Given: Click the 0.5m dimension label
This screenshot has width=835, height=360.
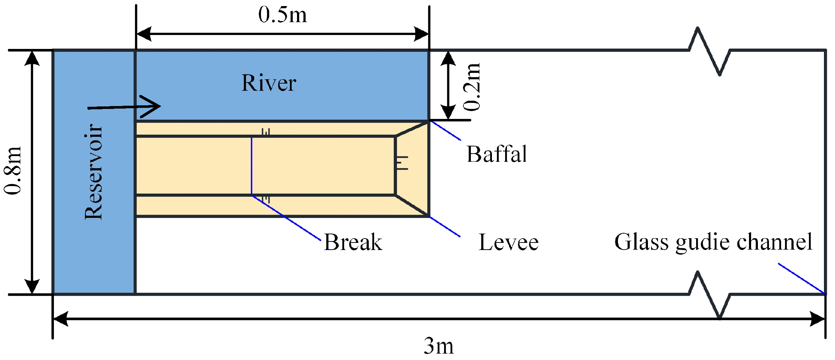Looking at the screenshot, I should pos(282,15).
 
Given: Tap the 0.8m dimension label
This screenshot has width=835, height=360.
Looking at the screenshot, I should pos(13,170).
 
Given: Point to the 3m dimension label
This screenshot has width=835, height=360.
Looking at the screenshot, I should pos(439,346).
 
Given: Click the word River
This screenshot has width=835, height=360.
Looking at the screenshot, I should pos(268,83).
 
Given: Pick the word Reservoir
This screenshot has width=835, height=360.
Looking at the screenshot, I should pos(94,171).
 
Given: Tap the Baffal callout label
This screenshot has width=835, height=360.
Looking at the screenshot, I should pos(497,154).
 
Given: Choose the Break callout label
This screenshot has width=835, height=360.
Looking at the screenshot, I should pos(353,242).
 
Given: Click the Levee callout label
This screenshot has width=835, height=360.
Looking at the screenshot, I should pos(508,242).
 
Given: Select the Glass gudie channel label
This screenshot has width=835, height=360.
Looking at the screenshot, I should pos(713,242).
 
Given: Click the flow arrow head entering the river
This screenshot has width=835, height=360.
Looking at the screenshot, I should pos(152,106).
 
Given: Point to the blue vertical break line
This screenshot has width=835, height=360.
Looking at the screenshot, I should pos(252,166).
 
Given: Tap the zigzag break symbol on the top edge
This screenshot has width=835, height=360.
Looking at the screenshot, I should pos(709,51).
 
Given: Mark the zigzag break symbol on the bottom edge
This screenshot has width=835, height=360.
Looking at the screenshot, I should pos(709,295).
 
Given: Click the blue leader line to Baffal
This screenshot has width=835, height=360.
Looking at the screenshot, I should pos(445,130).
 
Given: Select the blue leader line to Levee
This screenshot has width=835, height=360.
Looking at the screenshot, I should pos(444,227).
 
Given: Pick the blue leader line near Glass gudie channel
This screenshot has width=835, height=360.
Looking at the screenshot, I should pos(802,279).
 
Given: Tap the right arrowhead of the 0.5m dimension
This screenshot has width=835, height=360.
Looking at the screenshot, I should pos(422,34).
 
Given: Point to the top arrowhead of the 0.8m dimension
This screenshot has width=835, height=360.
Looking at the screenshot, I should pos(32,58).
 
